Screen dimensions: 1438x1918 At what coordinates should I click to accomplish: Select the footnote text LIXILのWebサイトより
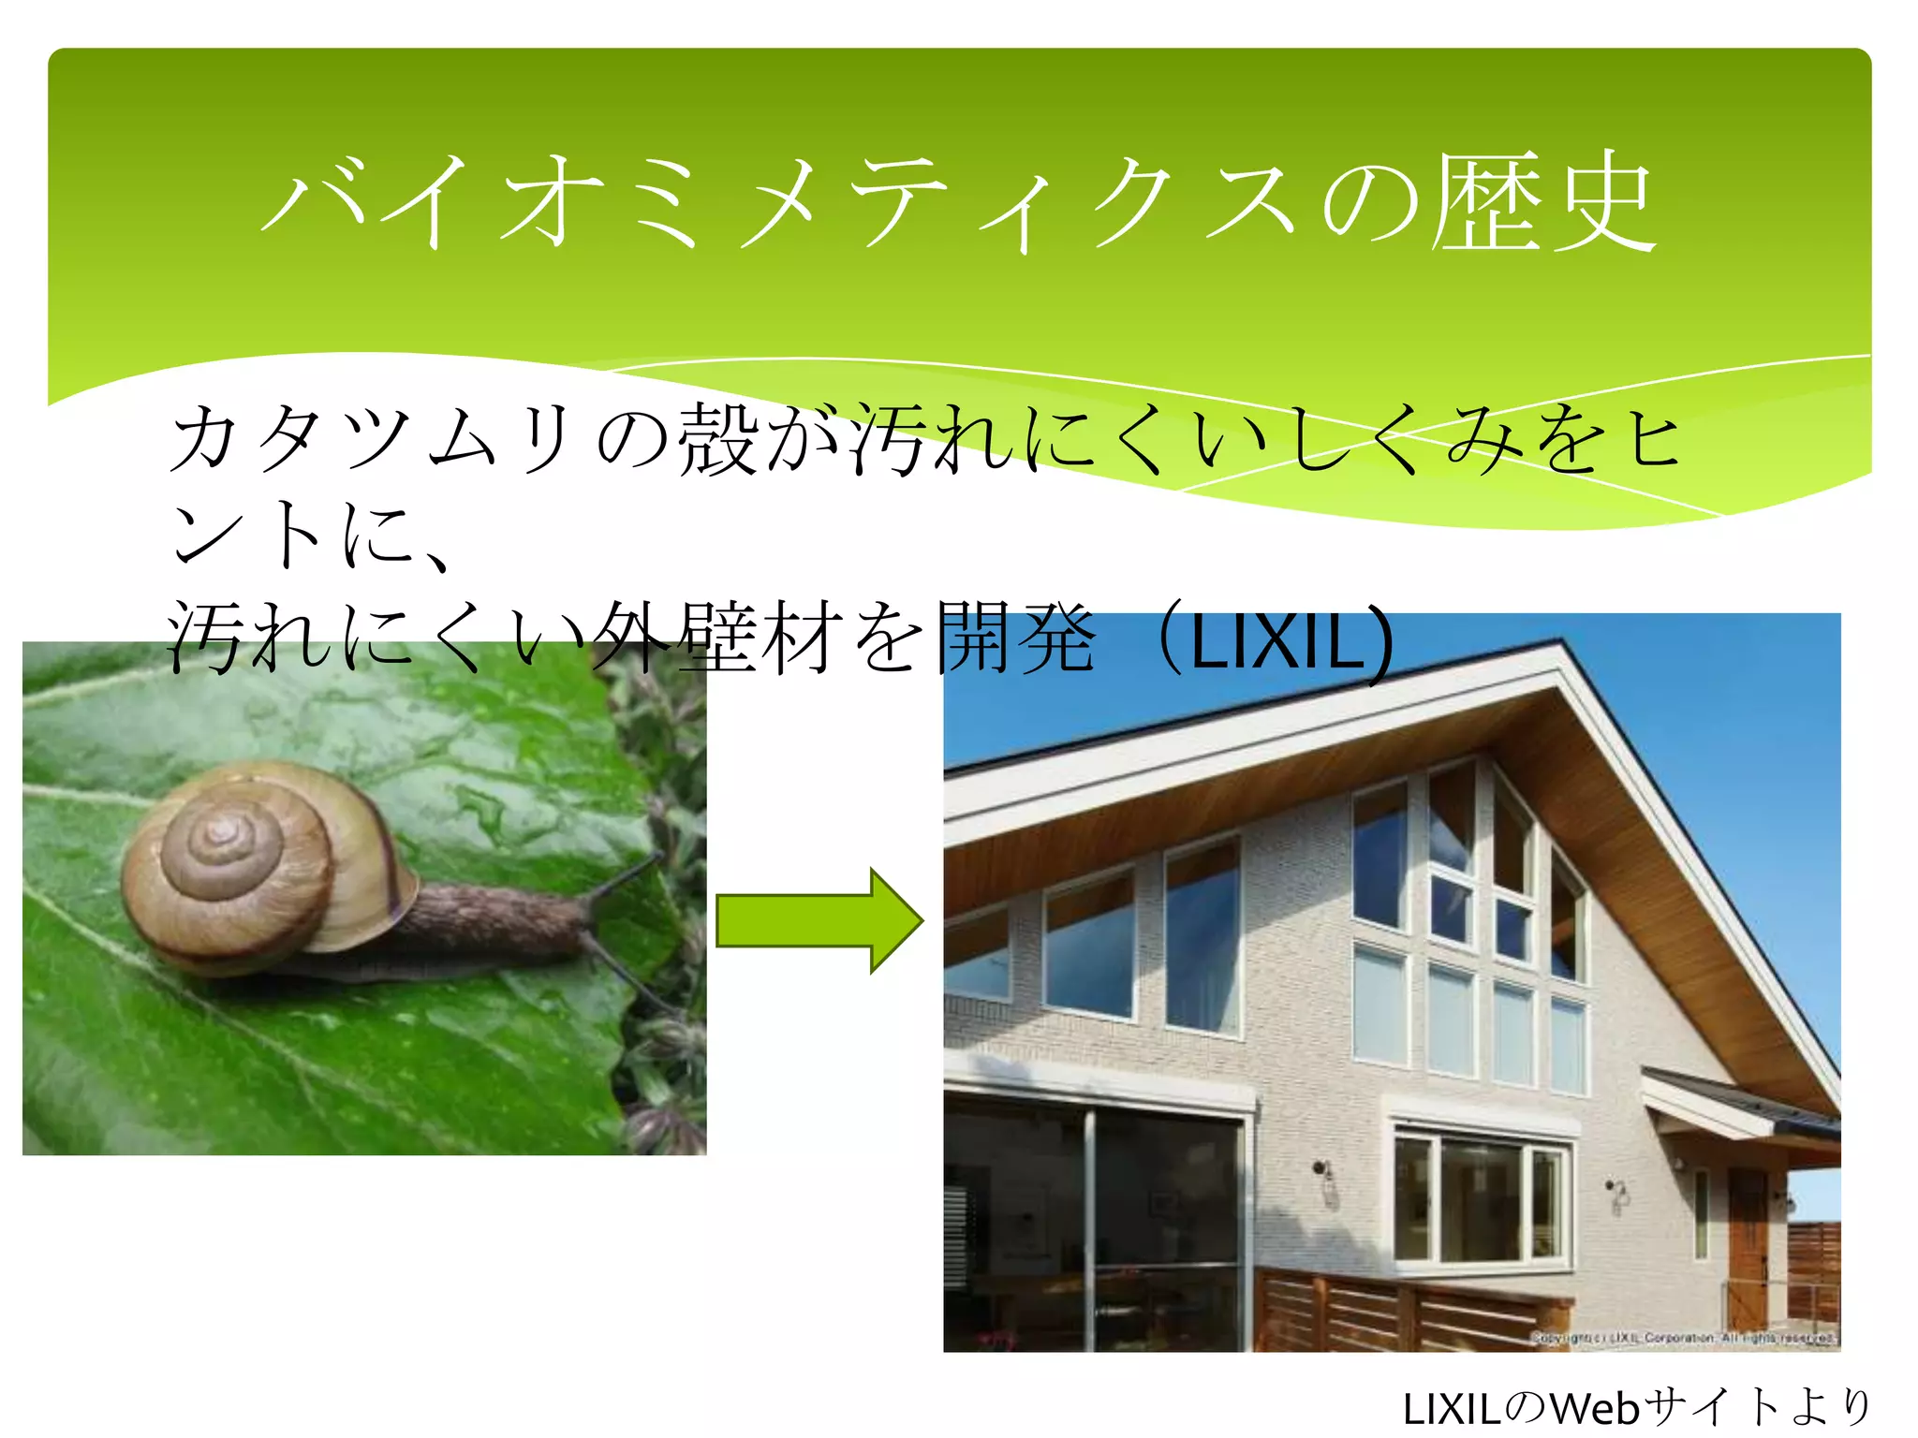[x=1635, y=1407]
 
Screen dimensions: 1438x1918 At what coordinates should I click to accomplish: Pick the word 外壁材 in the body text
[x=716, y=640]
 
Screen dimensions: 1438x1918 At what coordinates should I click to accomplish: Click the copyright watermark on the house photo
[x=1682, y=1338]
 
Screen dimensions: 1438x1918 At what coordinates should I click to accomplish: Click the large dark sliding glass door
[x=1096, y=1226]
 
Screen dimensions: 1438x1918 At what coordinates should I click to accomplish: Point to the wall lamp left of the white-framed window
[x=1326, y=1181]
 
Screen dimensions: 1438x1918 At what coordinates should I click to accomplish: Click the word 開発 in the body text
[x=1015, y=640]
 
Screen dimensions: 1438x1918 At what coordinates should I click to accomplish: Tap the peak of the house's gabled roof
[x=1558, y=648]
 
